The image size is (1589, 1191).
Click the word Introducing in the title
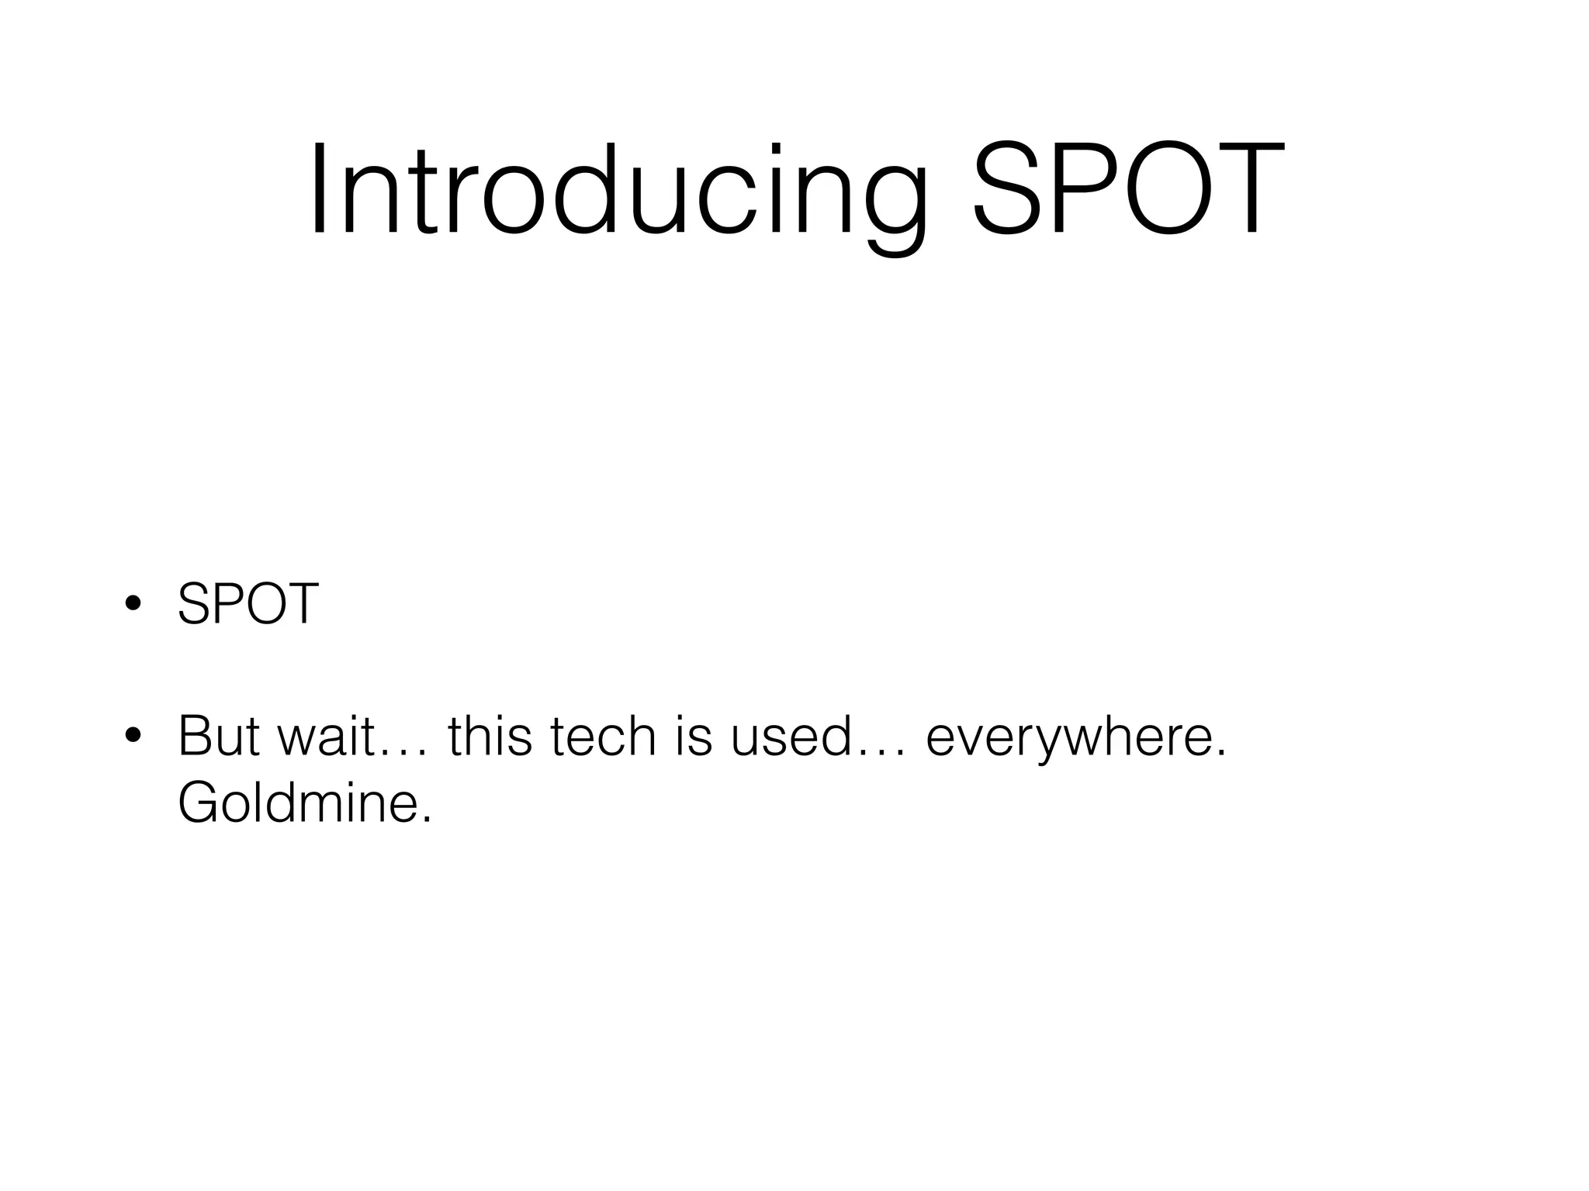[x=617, y=190]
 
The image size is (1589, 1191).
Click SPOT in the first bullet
[x=248, y=604]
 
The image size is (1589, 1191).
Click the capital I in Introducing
[x=318, y=190]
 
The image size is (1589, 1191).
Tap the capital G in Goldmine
[x=198, y=803]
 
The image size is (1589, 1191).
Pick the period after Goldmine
[x=425, y=820]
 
